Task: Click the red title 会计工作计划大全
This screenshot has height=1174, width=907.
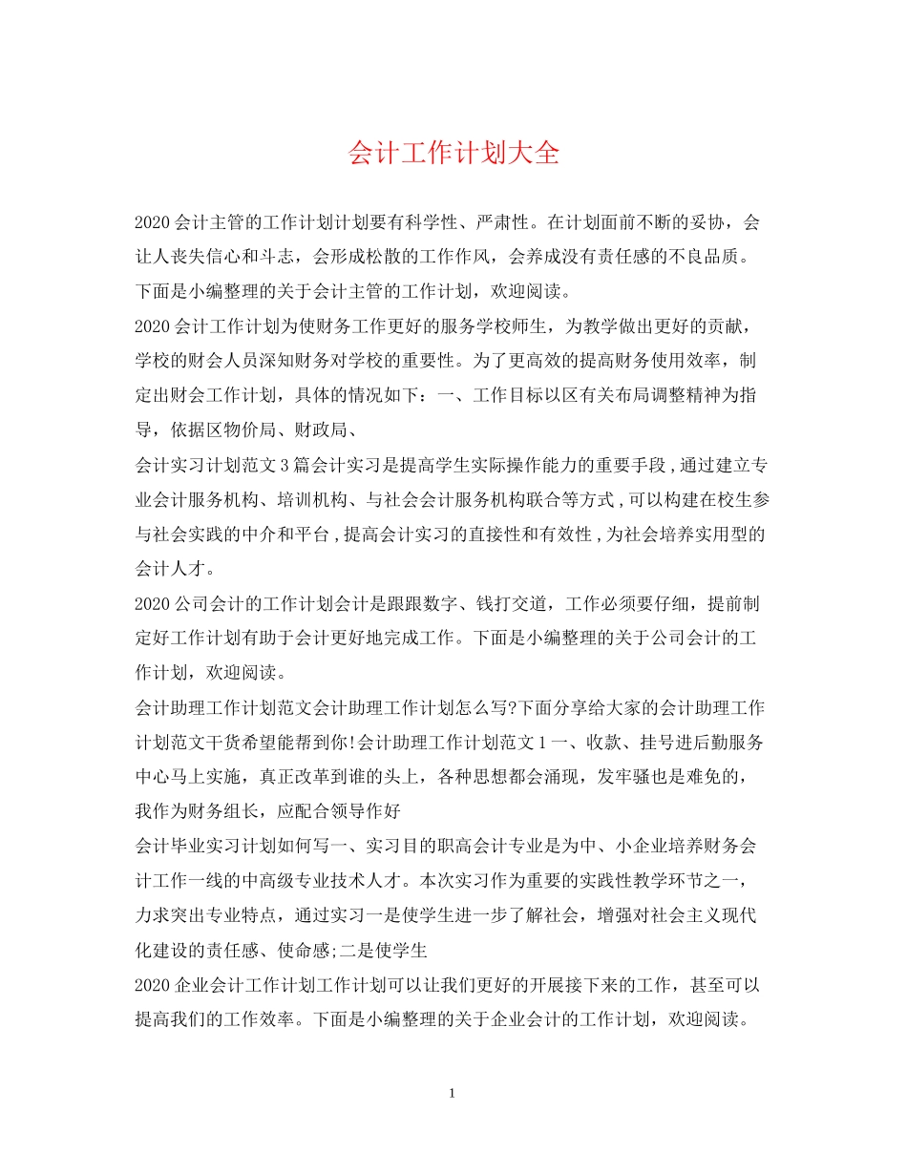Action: tap(453, 154)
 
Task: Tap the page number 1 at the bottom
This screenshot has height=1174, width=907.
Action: tap(453, 1092)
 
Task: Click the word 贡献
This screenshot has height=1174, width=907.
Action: tap(726, 329)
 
